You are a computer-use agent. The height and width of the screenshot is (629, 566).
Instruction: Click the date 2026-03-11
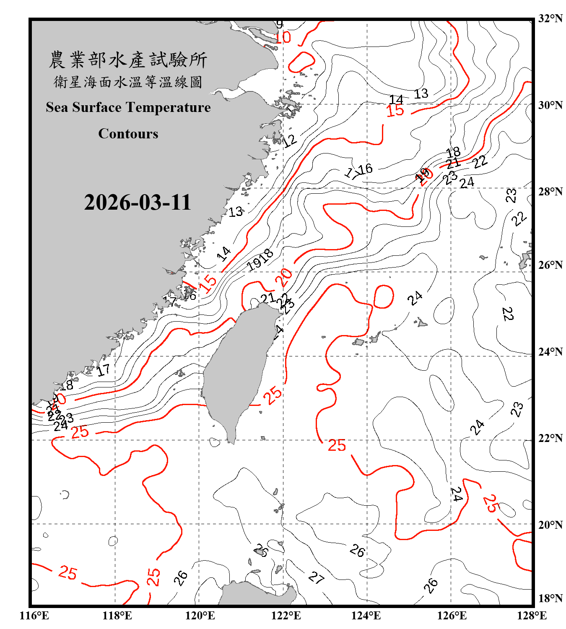[138, 203]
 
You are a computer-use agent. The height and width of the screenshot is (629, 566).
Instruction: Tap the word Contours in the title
[128, 134]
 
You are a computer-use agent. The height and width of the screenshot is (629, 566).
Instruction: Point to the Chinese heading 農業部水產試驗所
[128, 60]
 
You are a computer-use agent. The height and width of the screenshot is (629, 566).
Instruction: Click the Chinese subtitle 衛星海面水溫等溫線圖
[128, 82]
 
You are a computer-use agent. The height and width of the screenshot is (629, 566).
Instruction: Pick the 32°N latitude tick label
[550, 18]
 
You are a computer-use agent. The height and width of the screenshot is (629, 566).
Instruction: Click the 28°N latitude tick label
[550, 192]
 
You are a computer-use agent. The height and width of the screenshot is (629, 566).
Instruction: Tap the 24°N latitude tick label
[550, 352]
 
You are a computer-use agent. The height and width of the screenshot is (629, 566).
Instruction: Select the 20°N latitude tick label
[550, 525]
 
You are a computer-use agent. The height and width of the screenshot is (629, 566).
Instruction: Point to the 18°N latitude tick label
[550, 598]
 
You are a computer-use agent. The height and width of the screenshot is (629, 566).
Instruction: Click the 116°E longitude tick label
[34, 616]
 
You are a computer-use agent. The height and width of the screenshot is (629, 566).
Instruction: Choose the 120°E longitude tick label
[200, 616]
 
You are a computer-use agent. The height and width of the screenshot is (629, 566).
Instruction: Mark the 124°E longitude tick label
[366, 616]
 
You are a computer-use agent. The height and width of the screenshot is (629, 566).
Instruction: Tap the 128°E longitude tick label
[532, 616]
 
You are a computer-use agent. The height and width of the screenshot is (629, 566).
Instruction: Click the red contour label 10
[283, 37]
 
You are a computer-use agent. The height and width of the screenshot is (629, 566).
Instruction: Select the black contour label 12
[289, 141]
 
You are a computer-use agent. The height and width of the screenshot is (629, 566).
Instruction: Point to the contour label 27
[316, 578]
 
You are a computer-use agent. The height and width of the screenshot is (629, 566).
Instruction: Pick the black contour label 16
[365, 169]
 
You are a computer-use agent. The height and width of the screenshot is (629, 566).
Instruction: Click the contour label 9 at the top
[279, 24]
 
